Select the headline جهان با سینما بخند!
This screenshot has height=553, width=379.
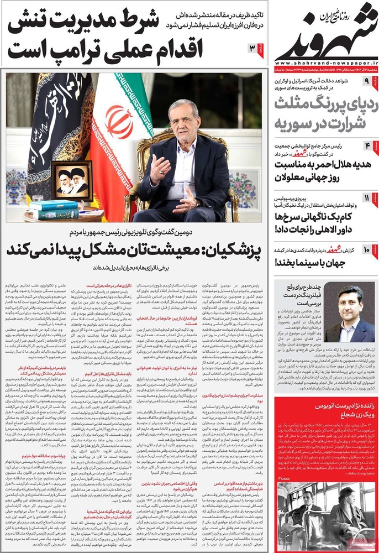(x=320, y=261)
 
